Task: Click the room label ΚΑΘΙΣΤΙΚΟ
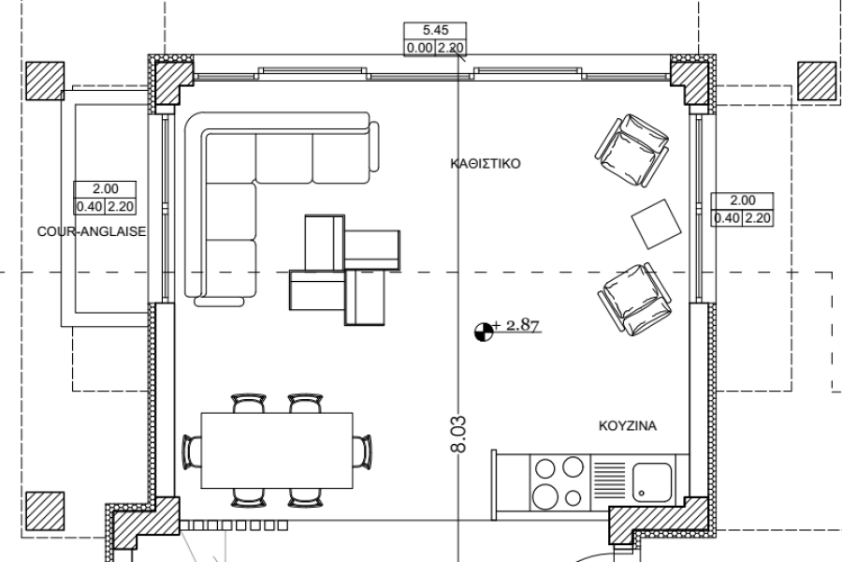click(486, 164)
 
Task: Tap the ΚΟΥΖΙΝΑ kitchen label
click(627, 426)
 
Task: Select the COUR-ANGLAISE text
click(92, 231)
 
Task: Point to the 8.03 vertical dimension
click(459, 434)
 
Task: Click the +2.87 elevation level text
click(515, 325)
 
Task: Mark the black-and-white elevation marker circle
click(484, 332)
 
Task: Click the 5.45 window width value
click(435, 30)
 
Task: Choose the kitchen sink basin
click(652, 482)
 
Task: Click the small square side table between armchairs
click(656, 224)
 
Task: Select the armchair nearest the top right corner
click(632, 150)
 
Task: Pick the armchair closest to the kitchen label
click(634, 299)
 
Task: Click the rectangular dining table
click(277, 451)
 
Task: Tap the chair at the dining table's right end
click(363, 451)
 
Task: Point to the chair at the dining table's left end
click(192, 451)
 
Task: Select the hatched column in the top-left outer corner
click(45, 81)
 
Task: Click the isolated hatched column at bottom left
click(45, 510)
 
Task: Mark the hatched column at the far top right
click(817, 81)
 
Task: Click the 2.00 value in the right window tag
click(743, 200)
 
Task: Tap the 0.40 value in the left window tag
click(89, 206)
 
